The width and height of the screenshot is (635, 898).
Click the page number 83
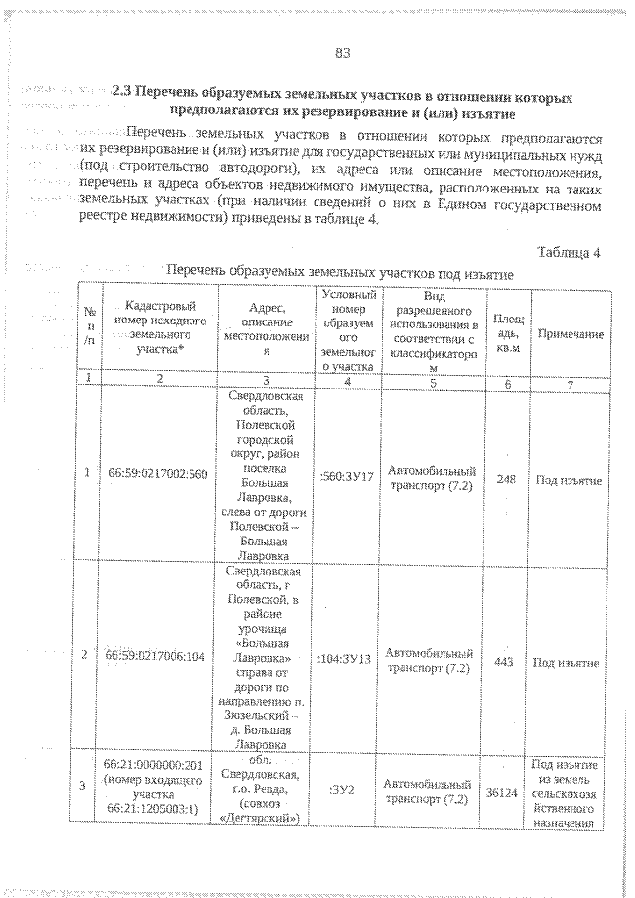(x=344, y=52)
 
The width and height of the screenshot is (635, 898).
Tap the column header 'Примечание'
(x=571, y=334)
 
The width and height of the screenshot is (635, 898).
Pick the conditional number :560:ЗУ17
(x=347, y=476)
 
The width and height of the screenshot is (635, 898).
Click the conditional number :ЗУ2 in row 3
(x=347, y=791)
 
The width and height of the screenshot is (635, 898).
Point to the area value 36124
(x=507, y=793)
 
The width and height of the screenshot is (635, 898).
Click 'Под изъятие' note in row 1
(x=570, y=480)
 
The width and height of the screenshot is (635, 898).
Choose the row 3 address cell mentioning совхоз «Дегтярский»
(x=265, y=790)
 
